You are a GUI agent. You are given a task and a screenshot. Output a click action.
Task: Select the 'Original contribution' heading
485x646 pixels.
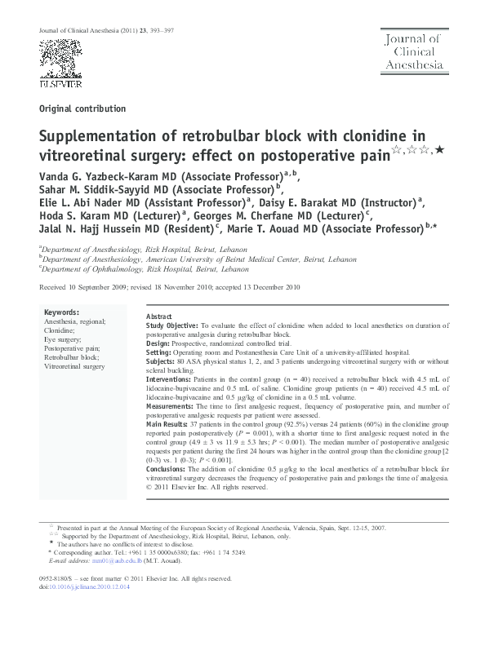coord(82,108)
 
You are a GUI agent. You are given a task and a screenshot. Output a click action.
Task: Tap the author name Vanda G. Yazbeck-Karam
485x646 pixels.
coord(99,175)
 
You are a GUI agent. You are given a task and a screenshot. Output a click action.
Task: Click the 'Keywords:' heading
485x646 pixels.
coord(61,312)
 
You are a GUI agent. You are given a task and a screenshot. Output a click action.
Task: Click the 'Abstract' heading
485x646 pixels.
coord(158,316)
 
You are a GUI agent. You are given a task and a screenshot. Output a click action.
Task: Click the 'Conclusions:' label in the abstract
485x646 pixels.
coord(168,470)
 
